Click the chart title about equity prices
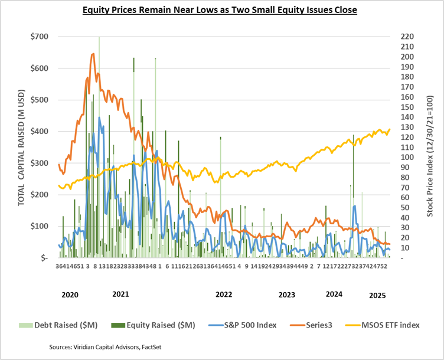click(222, 10)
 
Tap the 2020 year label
click(69, 293)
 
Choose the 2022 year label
click(223, 293)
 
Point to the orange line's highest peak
click(93, 54)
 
